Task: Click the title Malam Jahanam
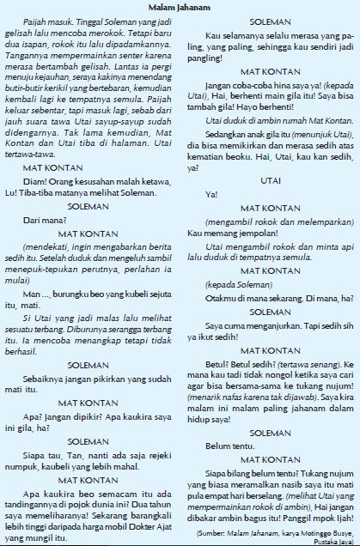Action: coord(180,6)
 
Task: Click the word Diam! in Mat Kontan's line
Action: coord(34,181)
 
